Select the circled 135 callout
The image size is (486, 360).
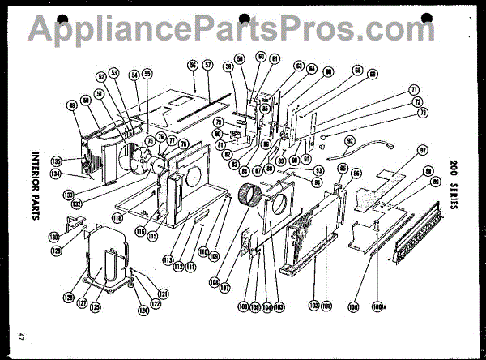point(57,160)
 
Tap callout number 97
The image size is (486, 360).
point(422,151)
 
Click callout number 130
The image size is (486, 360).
point(76,238)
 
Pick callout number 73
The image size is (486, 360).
point(422,114)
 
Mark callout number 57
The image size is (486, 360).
point(207,64)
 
